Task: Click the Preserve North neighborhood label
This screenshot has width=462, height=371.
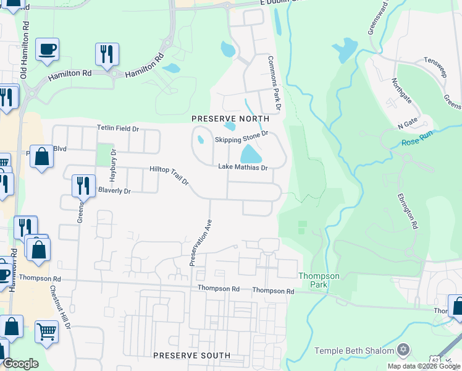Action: point(230,118)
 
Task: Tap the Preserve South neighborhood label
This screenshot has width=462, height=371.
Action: point(191,356)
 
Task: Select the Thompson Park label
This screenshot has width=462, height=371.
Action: point(319,280)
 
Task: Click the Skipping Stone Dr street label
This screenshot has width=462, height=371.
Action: point(241,140)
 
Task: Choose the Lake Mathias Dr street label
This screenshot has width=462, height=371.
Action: point(243,168)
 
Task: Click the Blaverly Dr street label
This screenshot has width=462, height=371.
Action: point(114,191)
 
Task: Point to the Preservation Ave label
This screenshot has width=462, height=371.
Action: point(201,242)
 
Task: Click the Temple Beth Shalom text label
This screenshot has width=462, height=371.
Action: point(354,351)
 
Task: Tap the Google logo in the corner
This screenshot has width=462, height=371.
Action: point(20,364)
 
